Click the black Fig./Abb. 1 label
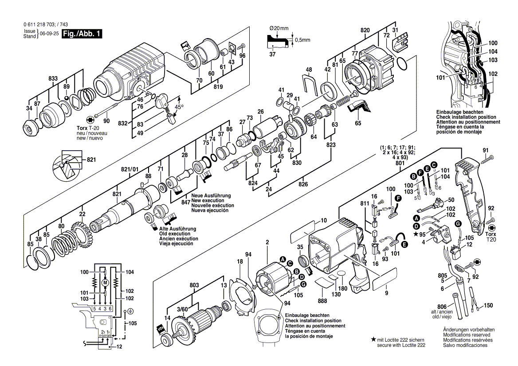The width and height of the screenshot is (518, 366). pos(82,34)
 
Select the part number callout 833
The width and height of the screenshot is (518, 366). pos(53,78)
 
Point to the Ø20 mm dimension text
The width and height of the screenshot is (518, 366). pos(279,28)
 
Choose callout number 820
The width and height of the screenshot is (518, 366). pos(365,30)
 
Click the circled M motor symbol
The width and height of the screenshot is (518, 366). pos(105,283)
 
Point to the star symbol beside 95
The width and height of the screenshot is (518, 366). pos(415,234)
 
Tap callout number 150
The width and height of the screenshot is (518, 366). pos(488,305)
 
